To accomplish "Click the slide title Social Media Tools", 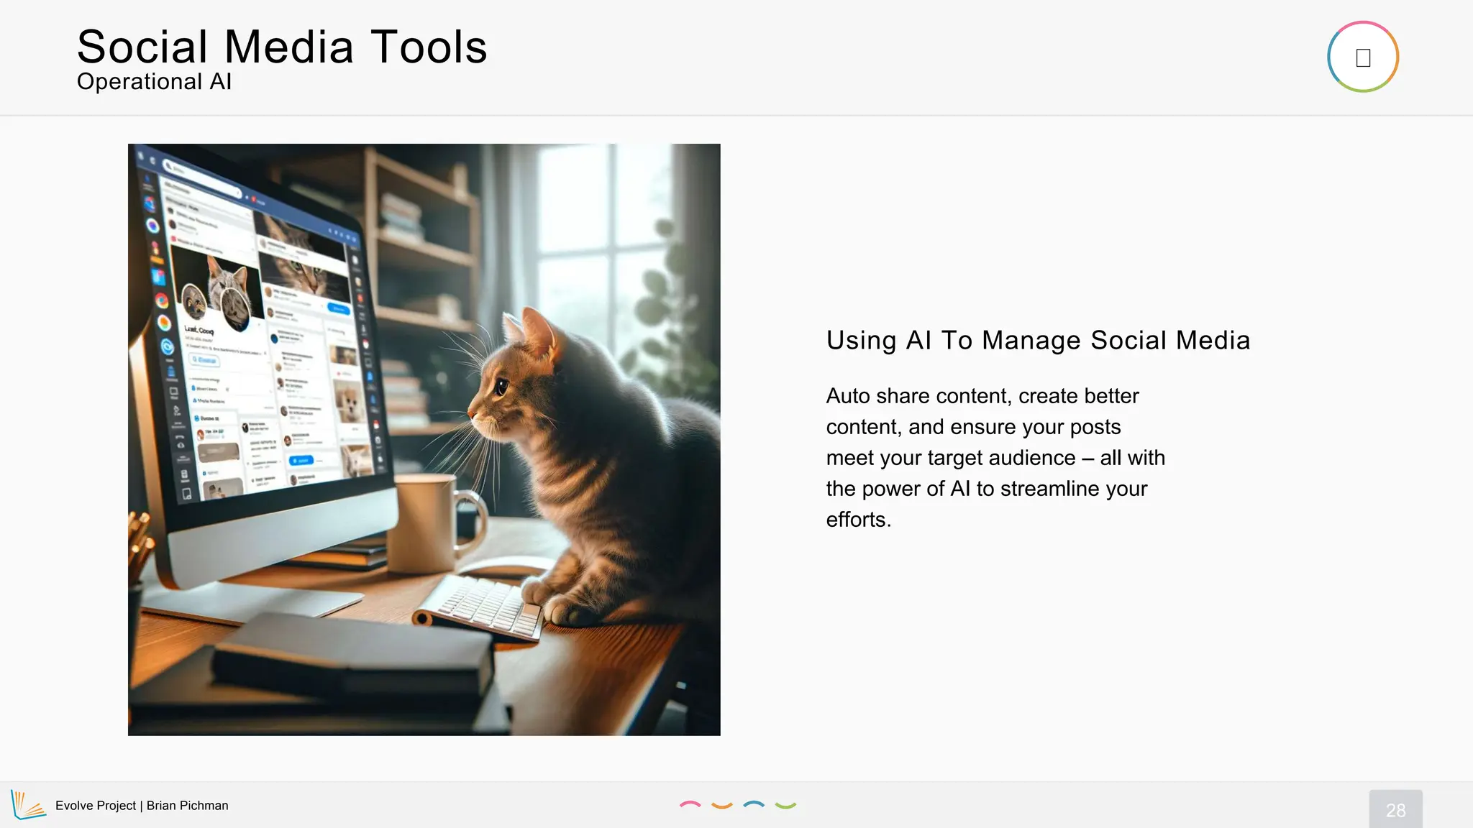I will pyautogui.click(x=282, y=47).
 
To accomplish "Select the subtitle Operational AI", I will pyautogui.click(x=154, y=82).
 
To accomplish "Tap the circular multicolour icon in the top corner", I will pyautogui.click(x=1362, y=57).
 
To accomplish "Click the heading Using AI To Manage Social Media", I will pyautogui.click(x=1038, y=340).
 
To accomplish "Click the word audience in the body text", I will pyautogui.click(x=1036, y=458).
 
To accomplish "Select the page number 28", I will pyautogui.click(x=1395, y=810).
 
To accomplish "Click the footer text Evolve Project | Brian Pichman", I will pyautogui.click(x=142, y=806).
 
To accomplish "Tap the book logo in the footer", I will pyautogui.click(x=27, y=805).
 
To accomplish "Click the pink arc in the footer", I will pyautogui.click(x=690, y=804).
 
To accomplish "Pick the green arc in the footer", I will pyautogui.click(x=785, y=806).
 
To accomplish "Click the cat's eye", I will pyautogui.click(x=501, y=387).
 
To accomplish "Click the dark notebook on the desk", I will pyautogui.click(x=352, y=654).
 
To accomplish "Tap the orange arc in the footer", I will pyautogui.click(x=721, y=806).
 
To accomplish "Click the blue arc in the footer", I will pyautogui.click(x=753, y=804).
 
